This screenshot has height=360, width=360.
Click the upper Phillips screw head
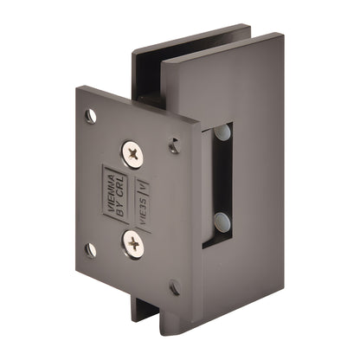point(133,156)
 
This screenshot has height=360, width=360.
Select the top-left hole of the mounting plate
point(91,115)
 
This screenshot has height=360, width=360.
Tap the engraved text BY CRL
point(121,198)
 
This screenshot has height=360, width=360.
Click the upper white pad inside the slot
point(223,133)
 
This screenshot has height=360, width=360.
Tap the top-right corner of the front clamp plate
point(278,36)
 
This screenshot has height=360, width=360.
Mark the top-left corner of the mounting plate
point(78,87)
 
